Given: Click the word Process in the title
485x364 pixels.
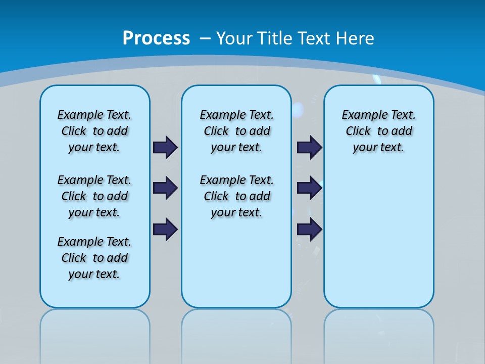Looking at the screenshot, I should [x=156, y=38].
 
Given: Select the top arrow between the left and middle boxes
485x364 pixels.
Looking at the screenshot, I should [x=165, y=147].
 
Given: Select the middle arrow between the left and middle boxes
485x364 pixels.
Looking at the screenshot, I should [x=165, y=188].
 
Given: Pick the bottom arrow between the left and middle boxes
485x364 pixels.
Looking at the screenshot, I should [x=165, y=229].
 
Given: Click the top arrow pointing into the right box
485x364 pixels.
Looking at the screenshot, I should [x=309, y=147].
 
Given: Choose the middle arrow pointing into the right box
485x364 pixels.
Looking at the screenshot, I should [x=309, y=188].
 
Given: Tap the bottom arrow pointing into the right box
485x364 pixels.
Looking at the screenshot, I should [x=309, y=229].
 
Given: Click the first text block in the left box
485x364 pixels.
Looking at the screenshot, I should [x=94, y=131].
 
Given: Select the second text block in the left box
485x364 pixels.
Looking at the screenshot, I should [x=94, y=196].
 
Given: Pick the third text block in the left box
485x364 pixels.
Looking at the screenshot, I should [x=94, y=258].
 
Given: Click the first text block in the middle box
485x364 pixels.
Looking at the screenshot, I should [x=236, y=131].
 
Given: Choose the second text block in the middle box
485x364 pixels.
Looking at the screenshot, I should [x=236, y=196].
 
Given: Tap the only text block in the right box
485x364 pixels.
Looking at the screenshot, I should [x=378, y=131].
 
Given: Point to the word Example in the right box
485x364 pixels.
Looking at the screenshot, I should [x=360, y=115].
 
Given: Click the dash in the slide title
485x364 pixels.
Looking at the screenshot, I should [x=205, y=38].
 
